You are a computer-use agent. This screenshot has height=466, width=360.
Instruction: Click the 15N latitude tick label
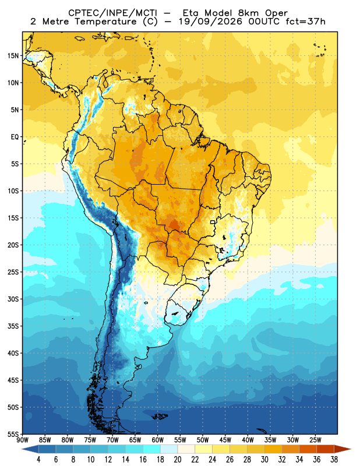tap(13, 55)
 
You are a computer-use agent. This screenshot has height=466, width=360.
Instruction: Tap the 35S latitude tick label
tap(13, 326)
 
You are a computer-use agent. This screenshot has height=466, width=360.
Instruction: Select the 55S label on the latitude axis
tap(13, 434)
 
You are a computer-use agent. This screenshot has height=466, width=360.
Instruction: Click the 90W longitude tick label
tap(22, 440)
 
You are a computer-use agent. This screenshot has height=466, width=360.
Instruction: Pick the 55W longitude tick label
tap(180, 440)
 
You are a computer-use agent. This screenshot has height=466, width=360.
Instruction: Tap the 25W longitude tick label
tap(315, 440)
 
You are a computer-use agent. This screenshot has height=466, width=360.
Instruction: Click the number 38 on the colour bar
tap(334, 460)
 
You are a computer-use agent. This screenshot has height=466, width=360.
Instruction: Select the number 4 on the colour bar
tap(38, 460)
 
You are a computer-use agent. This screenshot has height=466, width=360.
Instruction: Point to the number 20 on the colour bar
tap(178, 460)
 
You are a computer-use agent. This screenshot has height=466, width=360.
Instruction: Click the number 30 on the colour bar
tap(264, 460)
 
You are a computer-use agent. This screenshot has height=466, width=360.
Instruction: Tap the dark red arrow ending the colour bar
tap(343, 449)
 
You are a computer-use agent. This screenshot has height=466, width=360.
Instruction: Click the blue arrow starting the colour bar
tap(30, 449)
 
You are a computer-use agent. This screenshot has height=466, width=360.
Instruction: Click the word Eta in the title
tap(193, 13)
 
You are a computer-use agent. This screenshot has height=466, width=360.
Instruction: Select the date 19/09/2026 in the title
tap(210, 22)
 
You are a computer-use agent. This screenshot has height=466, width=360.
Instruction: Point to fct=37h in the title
tap(306, 22)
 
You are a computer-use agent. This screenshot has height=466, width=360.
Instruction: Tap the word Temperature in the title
tap(106, 22)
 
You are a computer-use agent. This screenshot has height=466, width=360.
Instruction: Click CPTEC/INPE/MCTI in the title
tap(112, 13)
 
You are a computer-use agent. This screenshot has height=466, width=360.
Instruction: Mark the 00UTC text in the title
tap(264, 22)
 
